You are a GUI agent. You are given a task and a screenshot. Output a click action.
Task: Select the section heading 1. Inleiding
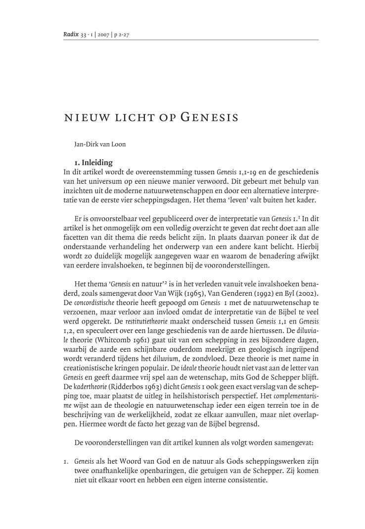[x=93, y=162]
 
